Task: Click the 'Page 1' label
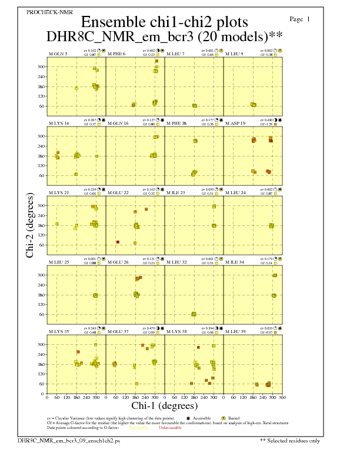pyautogui.click(x=300, y=19)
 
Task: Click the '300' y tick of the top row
pyautogui.click(x=41, y=67)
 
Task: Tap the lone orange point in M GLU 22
pyautogui.click(x=118, y=242)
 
